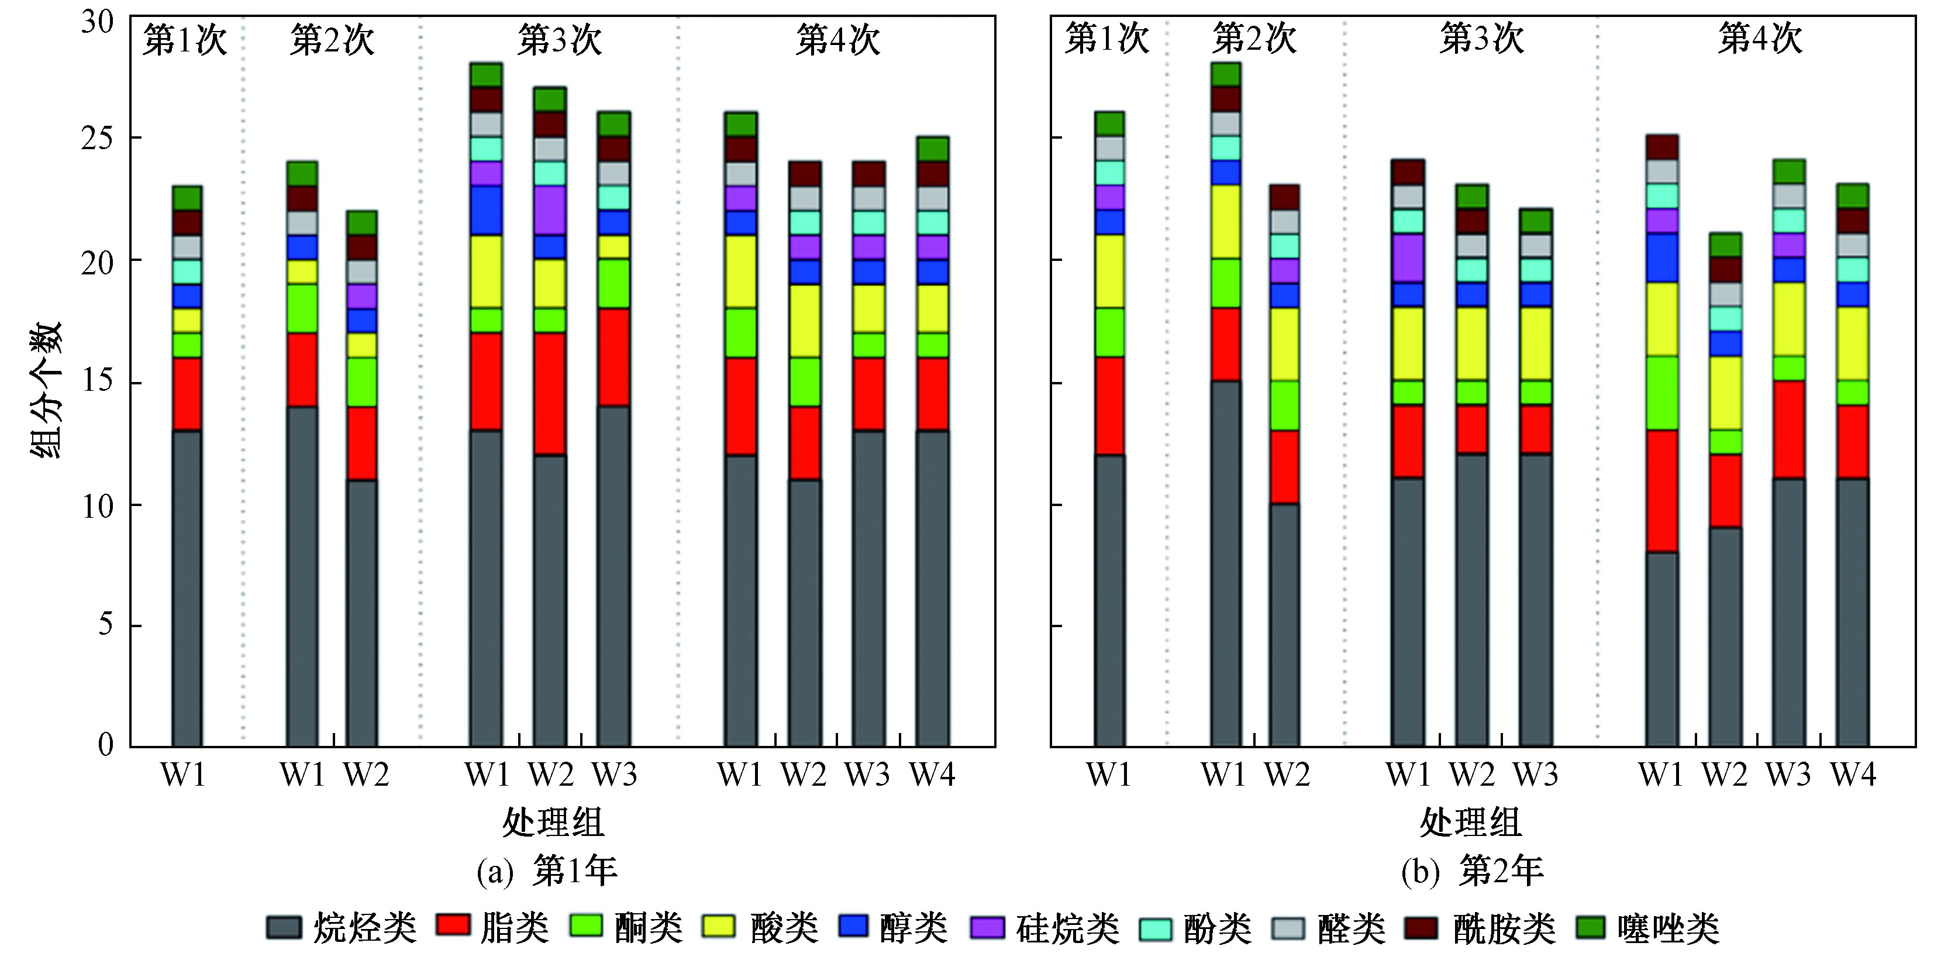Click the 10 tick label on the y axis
pos(98,506)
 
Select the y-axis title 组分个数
pos(47,391)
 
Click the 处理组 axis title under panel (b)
pos(1471,823)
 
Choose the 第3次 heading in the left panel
pos(559,40)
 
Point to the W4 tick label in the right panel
pos(1852,774)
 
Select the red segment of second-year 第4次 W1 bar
pos(1661,491)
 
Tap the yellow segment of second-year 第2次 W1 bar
pos(1225,222)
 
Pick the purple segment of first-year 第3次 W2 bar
pos(550,210)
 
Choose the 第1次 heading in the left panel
pos(185,40)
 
